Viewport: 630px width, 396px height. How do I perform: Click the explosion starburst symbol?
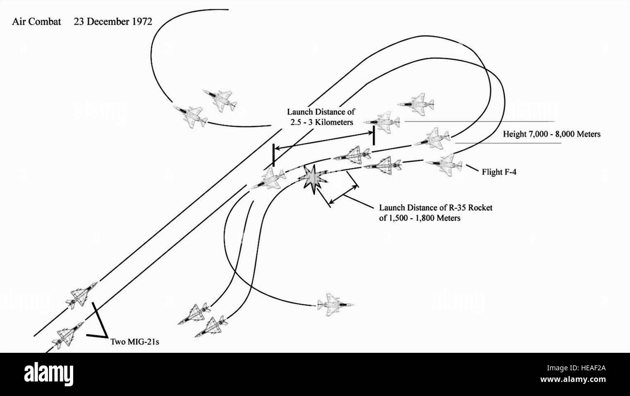pos(313,179)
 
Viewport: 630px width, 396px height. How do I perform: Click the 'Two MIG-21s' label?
pos(134,342)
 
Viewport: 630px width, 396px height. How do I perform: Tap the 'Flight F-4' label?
pos(499,172)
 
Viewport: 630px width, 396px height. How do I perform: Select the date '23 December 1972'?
pos(113,22)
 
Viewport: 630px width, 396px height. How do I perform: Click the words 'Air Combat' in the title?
pos(36,22)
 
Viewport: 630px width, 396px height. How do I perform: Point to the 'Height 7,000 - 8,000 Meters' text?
pos(551,134)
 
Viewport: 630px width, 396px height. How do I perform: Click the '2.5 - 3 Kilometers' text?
pos(322,122)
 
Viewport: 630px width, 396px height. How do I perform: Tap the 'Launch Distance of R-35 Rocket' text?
pos(436,208)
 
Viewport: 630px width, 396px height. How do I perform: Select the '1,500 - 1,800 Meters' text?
pos(424,218)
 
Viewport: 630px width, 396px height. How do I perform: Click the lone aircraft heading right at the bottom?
pos(335,304)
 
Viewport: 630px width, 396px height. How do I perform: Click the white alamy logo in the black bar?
pos(48,374)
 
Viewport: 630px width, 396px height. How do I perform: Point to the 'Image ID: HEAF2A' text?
pos(576,368)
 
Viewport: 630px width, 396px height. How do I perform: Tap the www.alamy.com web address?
pos(573,379)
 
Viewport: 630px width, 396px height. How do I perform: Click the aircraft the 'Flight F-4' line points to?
pos(444,165)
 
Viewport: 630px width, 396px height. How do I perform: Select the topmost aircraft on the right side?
pos(416,104)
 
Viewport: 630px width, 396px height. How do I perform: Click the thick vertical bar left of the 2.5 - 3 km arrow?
pos(273,155)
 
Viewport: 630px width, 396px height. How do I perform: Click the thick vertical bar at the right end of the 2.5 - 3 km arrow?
pos(374,135)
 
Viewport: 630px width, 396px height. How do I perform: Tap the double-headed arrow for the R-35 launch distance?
pos(344,195)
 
